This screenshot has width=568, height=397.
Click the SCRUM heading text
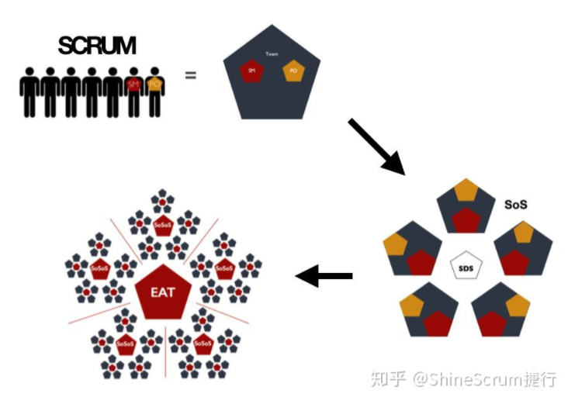[x=96, y=46]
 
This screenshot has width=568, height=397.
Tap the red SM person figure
[x=133, y=89]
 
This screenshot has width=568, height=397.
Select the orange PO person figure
[x=155, y=89]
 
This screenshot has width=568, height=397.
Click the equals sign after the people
[x=190, y=76]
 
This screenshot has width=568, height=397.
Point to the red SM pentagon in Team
[x=251, y=72]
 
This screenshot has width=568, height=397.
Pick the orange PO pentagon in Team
[x=293, y=71]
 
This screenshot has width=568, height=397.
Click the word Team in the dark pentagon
[x=272, y=54]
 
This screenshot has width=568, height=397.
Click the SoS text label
[x=516, y=205]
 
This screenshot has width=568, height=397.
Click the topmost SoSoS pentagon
[x=162, y=227]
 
